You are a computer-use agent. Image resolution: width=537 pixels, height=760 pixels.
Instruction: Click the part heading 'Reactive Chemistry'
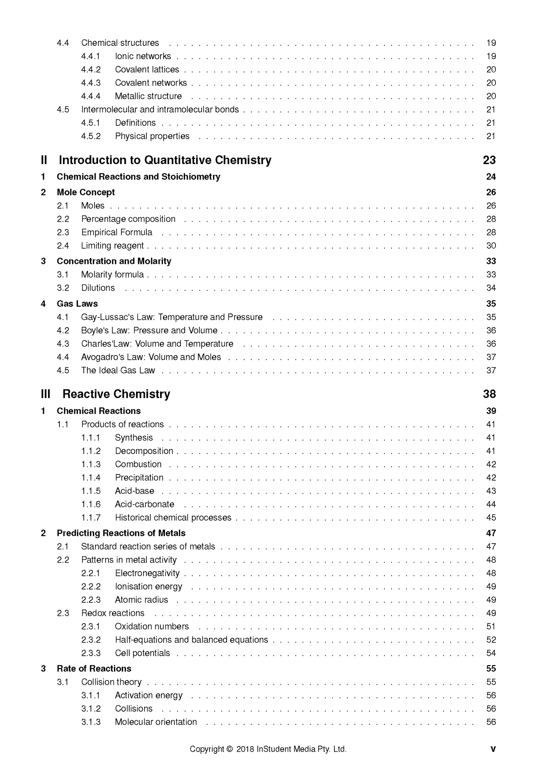(x=116, y=394)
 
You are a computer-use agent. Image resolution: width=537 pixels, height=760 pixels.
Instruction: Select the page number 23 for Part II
(x=489, y=160)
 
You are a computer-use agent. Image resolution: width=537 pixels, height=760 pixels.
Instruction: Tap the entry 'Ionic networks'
(x=143, y=56)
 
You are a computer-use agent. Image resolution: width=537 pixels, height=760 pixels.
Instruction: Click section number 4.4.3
(x=91, y=83)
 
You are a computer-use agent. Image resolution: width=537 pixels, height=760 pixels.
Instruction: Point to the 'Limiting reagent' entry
(x=112, y=246)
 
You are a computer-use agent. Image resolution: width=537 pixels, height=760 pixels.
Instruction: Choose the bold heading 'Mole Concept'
(x=86, y=192)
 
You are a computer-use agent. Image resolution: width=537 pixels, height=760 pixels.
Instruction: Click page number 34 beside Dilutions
(x=491, y=288)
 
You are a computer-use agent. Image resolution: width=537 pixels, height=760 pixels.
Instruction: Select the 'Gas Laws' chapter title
(x=77, y=304)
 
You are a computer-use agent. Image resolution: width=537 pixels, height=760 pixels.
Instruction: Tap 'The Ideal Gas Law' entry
(x=118, y=371)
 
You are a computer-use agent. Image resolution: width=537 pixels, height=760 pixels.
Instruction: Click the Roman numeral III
(x=45, y=394)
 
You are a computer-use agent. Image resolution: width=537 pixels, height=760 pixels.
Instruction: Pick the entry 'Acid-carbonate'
(x=144, y=505)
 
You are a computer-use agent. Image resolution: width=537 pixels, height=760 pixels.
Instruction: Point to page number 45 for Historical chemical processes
(x=491, y=518)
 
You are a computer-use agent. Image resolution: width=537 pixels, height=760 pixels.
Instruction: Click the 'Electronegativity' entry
(x=147, y=573)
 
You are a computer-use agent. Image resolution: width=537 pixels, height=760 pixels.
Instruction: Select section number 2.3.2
(x=91, y=640)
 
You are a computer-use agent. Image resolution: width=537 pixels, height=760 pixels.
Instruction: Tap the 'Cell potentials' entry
(x=142, y=653)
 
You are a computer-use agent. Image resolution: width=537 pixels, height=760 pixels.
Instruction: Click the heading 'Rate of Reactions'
(x=94, y=669)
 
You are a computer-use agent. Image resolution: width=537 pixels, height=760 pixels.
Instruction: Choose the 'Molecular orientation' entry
(x=156, y=722)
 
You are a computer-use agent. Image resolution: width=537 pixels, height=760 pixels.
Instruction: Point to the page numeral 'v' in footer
(x=493, y=749)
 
